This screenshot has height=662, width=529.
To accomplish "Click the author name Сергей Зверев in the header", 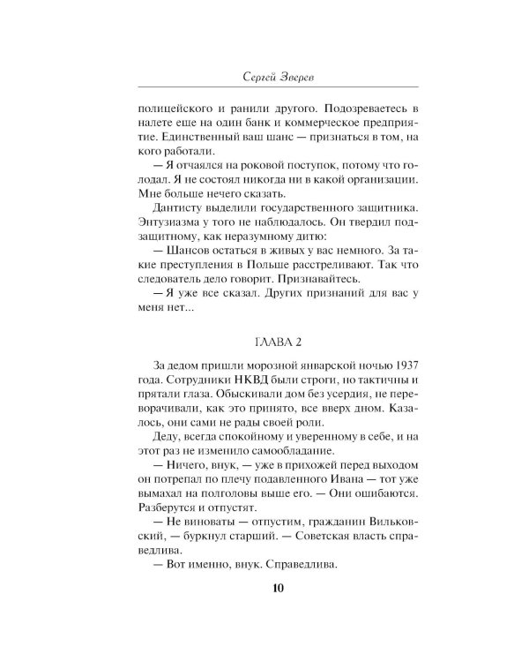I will click(264, 74).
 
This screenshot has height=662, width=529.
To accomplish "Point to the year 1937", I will click(397, 366).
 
